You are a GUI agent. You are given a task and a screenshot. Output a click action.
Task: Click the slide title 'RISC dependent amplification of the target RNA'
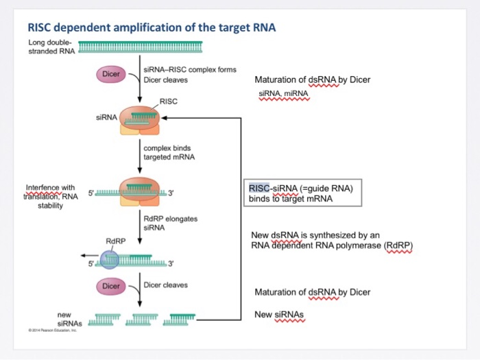click(x=151, y=28)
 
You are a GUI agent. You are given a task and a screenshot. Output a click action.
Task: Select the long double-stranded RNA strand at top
click(x=141, y=47)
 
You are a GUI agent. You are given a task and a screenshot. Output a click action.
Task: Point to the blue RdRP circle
click(x=110, y=259)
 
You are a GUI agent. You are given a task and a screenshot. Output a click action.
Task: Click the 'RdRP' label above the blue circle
click(x=115, y=241)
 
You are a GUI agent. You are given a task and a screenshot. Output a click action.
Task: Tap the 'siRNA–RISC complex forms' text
click(x=189, y=70)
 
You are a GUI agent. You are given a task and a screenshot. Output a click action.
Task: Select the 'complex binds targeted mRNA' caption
click(x=169, y=152)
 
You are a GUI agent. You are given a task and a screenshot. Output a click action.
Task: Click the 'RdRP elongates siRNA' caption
click(x=170, y=223)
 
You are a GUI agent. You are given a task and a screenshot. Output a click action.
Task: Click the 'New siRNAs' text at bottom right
click(x=278, y=314)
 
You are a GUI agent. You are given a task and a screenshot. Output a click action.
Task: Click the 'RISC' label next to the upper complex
click(x=169, y=101)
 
